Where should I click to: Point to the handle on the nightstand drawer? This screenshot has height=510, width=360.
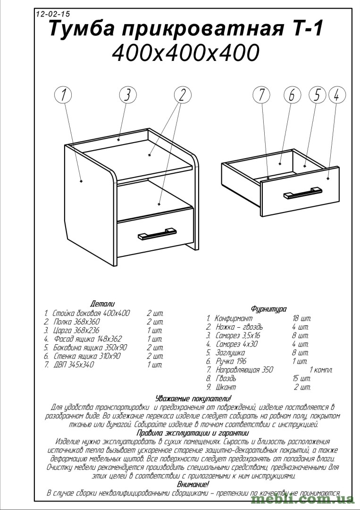[157, 233]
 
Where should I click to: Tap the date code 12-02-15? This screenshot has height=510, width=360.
[53, 14]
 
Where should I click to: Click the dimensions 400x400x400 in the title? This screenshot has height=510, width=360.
[185, 53]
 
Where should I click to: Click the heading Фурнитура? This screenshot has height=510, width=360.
[268, 309]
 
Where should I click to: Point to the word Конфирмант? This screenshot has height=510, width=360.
[233, 318]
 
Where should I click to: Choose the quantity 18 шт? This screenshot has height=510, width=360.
[302, 318]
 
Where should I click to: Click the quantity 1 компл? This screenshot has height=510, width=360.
[321, 370]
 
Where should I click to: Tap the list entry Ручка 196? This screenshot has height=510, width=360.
[231, 361]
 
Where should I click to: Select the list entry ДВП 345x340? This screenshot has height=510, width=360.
[74, 365]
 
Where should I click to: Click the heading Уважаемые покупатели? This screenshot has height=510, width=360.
[193, 398]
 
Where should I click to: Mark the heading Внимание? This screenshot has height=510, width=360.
[193, 484]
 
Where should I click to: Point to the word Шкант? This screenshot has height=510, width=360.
[226, 387]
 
